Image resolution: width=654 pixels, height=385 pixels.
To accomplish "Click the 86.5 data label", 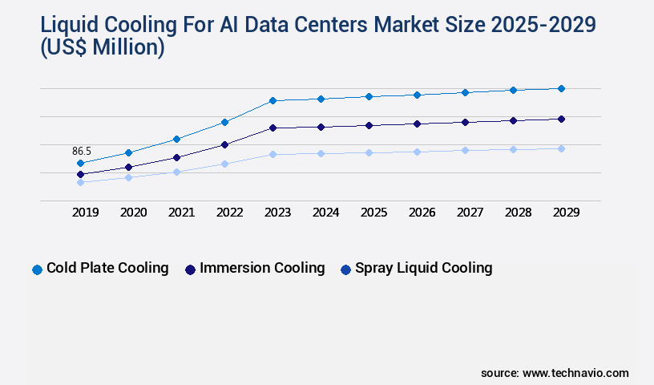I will tap(82, 151).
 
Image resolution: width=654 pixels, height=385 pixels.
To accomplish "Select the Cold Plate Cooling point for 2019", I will tap(80, 163).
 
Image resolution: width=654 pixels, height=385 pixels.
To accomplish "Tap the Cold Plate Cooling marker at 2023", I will tap(272, 100).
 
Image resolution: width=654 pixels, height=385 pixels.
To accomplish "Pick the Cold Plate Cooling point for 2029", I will tap(561, 88).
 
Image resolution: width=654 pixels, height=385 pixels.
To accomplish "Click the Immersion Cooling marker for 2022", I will tap(224, 144).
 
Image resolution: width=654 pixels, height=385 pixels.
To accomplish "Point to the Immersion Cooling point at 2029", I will tap(561, 119).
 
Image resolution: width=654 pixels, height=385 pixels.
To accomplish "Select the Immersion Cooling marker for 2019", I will tap(80, 174).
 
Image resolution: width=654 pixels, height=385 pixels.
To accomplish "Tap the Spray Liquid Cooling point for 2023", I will tap(272, 154).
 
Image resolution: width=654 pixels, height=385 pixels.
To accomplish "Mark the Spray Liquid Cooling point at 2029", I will tap(561, 148).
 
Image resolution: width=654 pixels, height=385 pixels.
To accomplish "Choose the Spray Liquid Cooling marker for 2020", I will tap(128, 177).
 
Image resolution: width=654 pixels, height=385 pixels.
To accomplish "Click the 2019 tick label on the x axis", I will tap(85, 213).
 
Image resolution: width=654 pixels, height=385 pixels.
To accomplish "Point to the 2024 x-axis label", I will tap(325, 213).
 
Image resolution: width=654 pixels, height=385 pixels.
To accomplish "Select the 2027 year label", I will tap(470, 213).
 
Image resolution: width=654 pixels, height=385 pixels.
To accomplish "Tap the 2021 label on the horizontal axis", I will tap(181, 213).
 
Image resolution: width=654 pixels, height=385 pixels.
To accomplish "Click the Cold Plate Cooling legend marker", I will tap(37, 269).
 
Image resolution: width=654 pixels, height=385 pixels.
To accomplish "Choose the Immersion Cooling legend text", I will tap(262, 268).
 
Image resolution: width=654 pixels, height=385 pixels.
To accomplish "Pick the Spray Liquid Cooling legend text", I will tap(423, 268).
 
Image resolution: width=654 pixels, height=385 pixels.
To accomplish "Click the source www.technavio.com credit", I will tap(555, 373).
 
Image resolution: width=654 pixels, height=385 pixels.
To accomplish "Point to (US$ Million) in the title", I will tap(103, 49).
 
